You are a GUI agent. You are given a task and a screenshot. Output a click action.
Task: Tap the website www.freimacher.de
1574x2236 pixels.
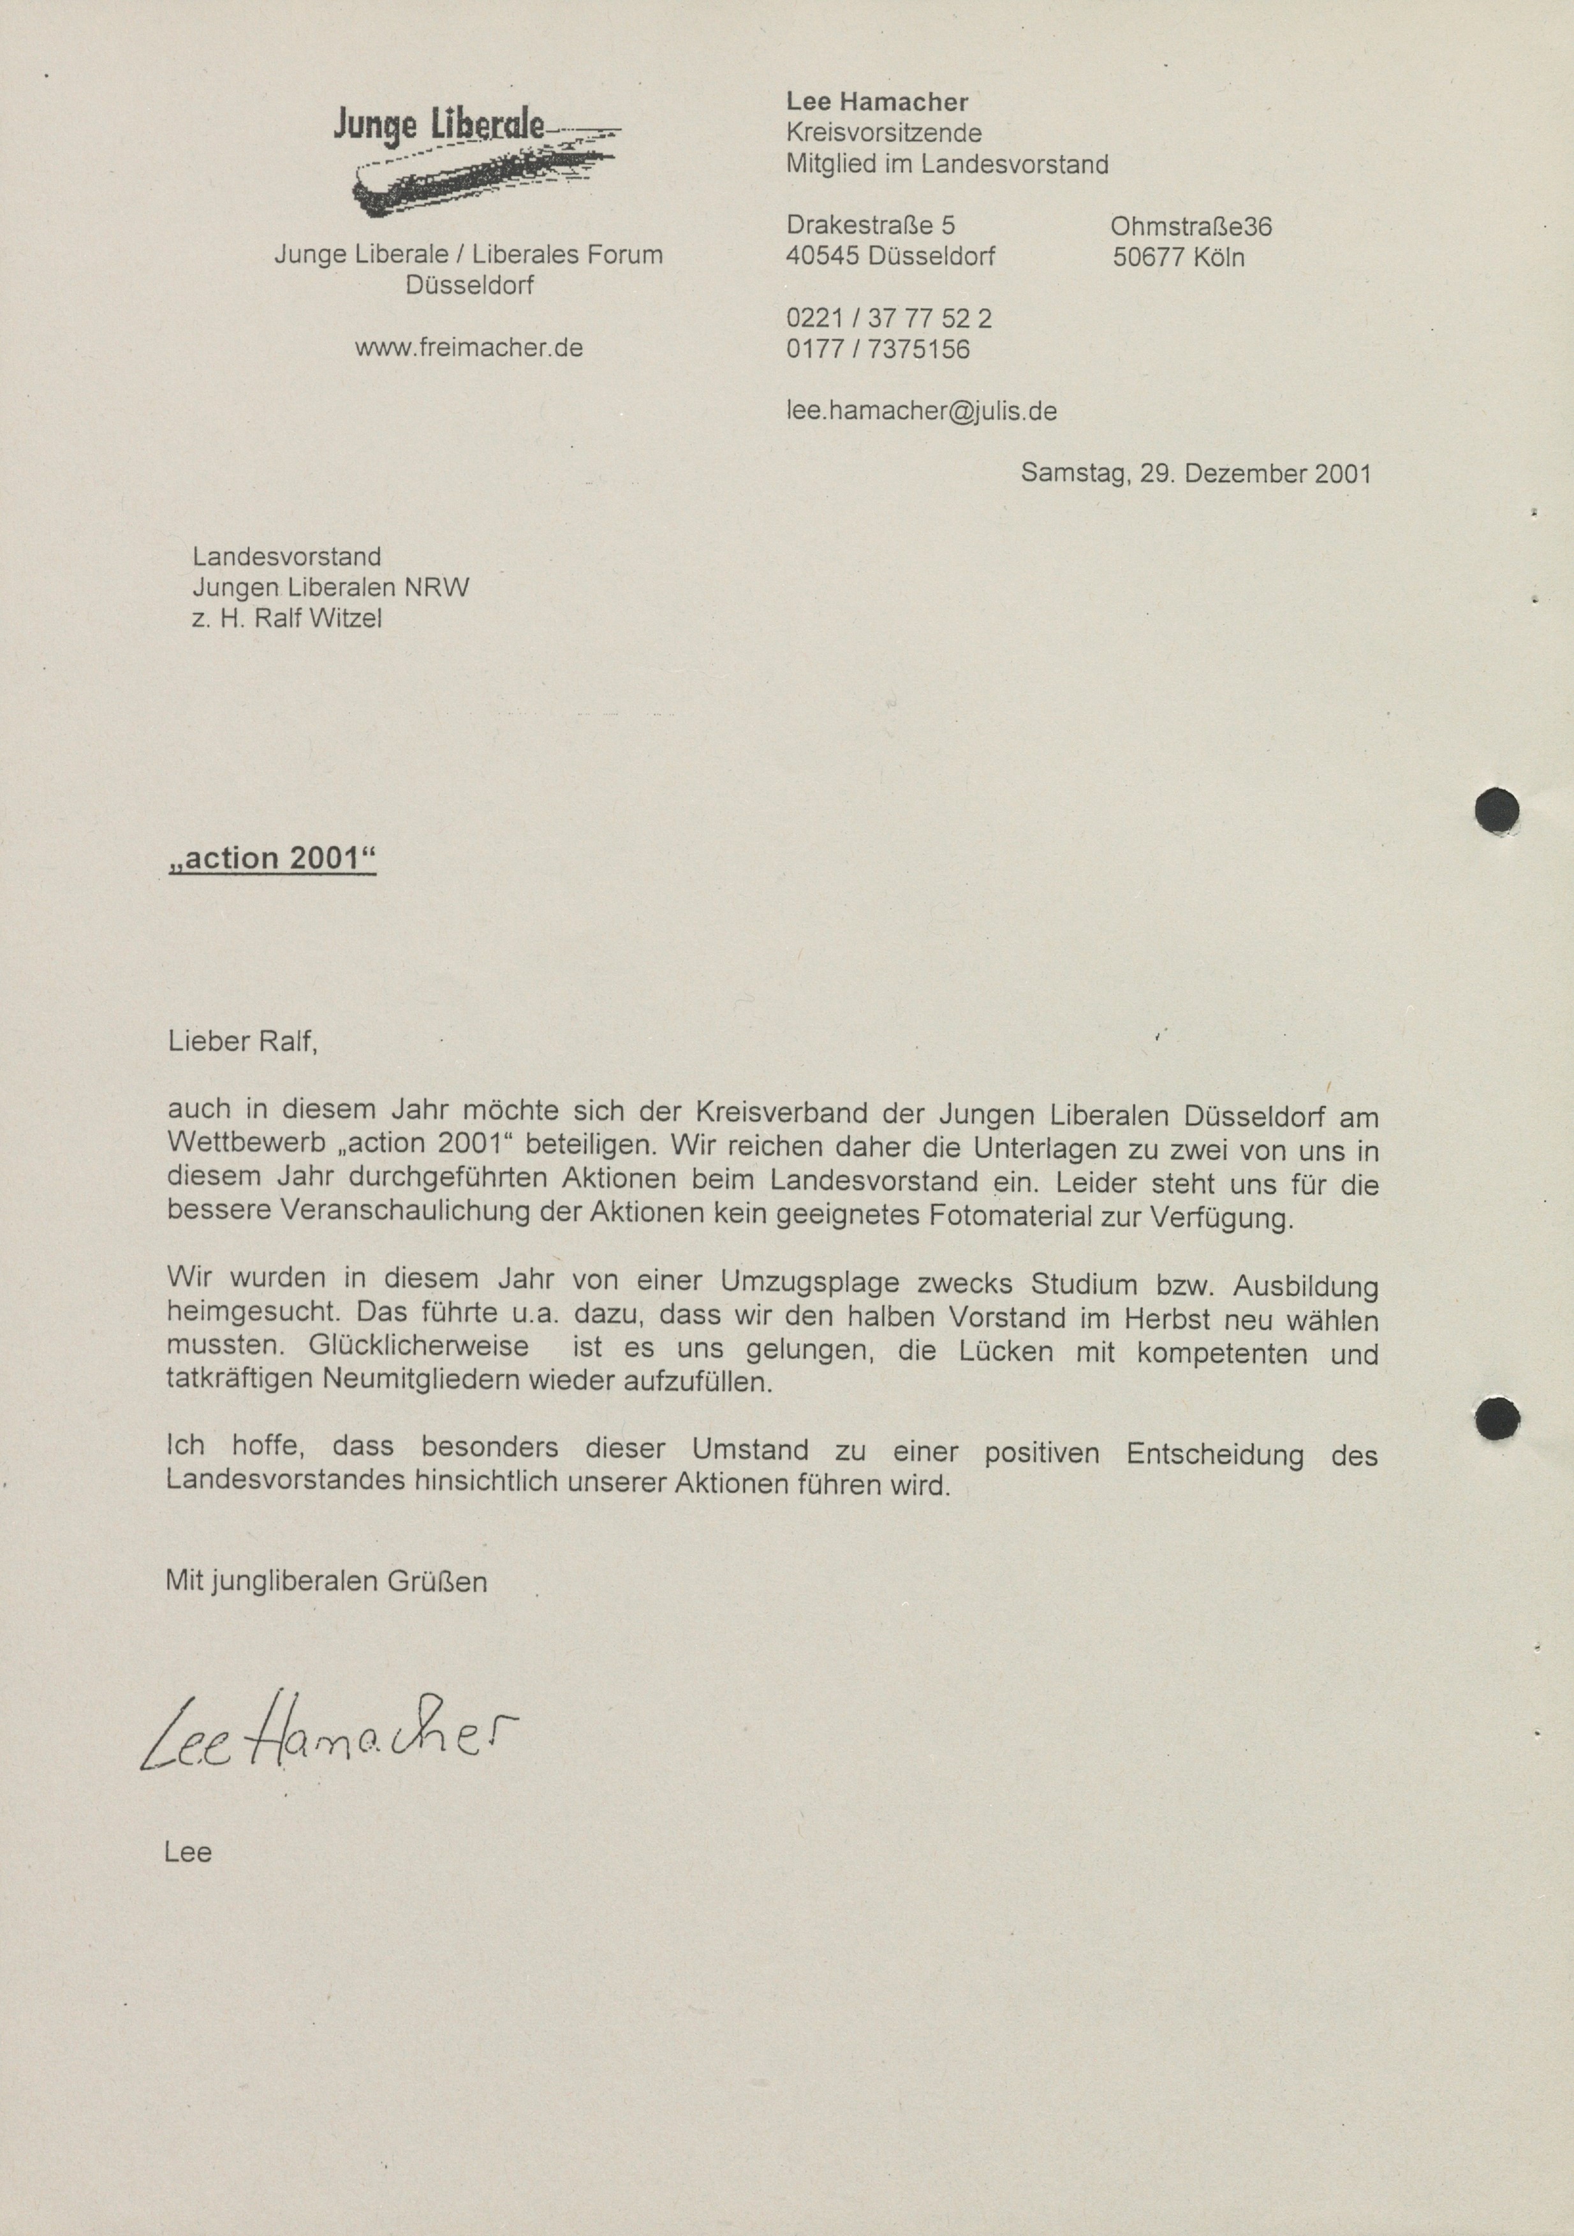pos(469,348)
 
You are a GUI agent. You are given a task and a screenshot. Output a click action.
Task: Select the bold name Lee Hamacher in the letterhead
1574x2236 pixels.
pos(877,101)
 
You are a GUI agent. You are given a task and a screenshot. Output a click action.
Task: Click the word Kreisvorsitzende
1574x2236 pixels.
pos(883,133)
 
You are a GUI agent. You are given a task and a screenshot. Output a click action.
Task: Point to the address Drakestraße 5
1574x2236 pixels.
pos(871,225)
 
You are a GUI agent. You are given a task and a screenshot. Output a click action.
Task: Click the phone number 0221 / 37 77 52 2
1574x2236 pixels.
pos(888,318)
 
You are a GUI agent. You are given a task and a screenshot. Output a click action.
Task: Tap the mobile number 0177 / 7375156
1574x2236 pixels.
pos(878,349)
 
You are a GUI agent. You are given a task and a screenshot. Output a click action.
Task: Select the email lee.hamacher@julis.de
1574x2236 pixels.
pos(922,411)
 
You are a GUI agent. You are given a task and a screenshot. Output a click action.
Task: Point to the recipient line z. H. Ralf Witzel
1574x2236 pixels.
pos(288,617)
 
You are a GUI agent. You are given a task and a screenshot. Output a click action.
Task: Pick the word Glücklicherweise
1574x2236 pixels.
pos(419,1348)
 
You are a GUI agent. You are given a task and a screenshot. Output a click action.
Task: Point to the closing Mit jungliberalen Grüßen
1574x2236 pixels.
pos(327,1580)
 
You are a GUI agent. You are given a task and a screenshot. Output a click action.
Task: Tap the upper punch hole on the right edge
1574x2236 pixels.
pos(1497,810)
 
